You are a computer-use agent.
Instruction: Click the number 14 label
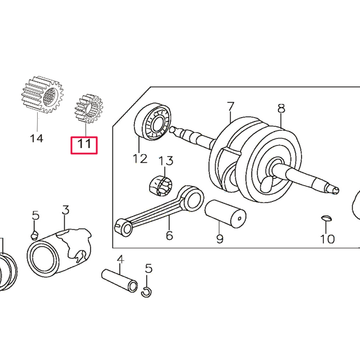pyautogui.click(x=36, y=138)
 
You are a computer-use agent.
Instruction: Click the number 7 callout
pyautogui.click(x=229, y=106)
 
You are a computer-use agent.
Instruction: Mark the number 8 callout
pyautogui.click(x=282, y=108)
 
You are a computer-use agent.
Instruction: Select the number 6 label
pyautogui.click(x=169, y=235)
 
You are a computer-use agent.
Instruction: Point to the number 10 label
pyautogui.click(x=327, y=239)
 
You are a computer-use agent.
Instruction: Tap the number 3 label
pyautogui.click(x=65, y=211)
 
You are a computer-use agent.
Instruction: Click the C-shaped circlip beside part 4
pyautogui.click(x=146, y=290)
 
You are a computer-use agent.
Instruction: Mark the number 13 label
pyautogui.click(x=166, y=162)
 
